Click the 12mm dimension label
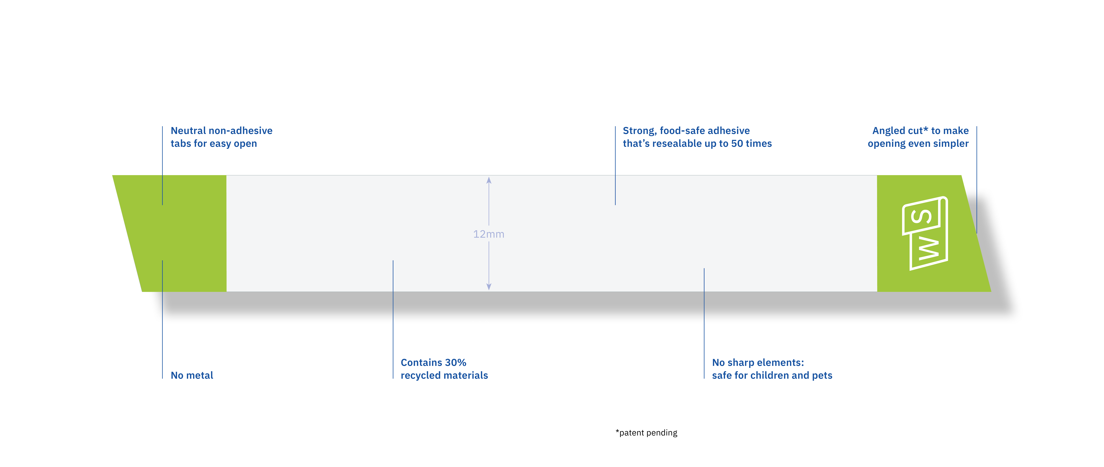point(489,234)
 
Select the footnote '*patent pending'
point(646,433)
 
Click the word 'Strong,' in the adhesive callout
point(639,131)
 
